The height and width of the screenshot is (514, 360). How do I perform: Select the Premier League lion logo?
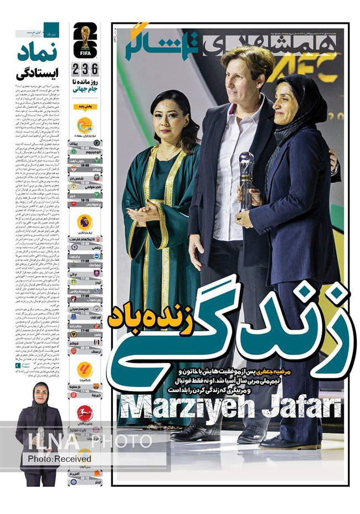point(85,222)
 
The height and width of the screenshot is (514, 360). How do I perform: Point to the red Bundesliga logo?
point(85,413)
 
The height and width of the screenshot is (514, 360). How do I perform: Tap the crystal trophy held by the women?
point(245,180)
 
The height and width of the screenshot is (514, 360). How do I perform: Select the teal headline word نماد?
point(38,53)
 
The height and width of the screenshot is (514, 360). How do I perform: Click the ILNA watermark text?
point(47,441)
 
